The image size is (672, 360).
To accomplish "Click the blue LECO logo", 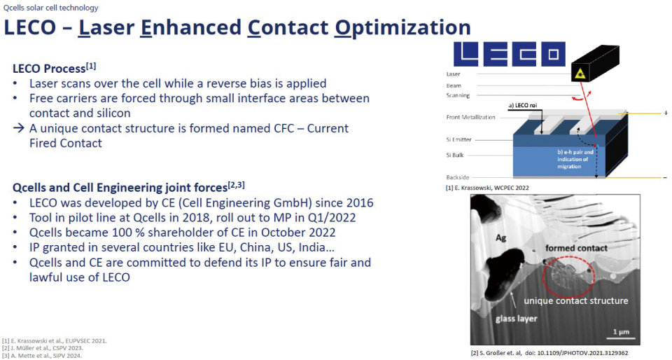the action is (510, 54).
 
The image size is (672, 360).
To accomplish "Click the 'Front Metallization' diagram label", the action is (470, 117).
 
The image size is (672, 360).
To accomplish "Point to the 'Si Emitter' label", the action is (458, 139).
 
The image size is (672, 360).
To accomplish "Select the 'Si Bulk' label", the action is (455, 155).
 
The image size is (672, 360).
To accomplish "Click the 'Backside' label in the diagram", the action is (458, 177).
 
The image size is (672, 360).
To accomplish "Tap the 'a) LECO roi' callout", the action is (522, 106).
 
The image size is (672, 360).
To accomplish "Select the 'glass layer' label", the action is (517, 319).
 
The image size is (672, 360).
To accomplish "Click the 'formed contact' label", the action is (576, 248).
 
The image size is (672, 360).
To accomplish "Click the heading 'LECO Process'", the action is (49, 69).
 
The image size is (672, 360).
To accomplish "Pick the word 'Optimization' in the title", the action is (402, 27).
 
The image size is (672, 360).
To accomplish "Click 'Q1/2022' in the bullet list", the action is (332, 218).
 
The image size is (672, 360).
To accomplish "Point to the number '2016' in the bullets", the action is (359, 202).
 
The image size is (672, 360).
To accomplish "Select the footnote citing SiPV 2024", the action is (42, 356).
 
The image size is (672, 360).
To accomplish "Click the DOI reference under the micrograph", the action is (550, 353).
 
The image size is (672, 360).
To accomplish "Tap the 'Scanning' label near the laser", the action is (458, 95).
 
